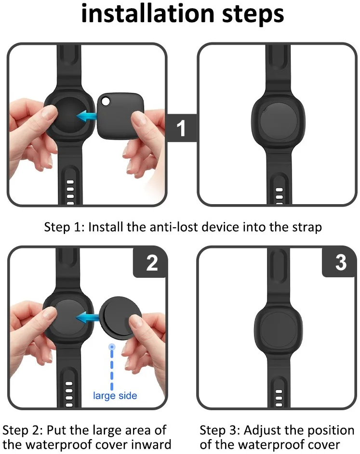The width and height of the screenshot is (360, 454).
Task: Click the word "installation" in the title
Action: click(148, 13)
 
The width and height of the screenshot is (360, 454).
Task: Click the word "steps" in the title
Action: click(253, 15)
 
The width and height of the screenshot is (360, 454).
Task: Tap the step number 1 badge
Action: click(181, 128)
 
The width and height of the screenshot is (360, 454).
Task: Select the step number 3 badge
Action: click(340, 262)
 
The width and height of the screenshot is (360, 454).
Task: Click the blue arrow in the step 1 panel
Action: click(87, 116)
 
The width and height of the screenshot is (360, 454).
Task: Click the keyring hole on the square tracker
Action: click(106, 101)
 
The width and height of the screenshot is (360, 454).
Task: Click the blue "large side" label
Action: click(115, 396)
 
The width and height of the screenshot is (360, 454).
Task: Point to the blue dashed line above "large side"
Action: click(112, 367)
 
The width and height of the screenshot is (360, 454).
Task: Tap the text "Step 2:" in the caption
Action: click(23, 430)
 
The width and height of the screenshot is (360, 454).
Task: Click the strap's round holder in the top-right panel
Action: click(278, 122)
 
